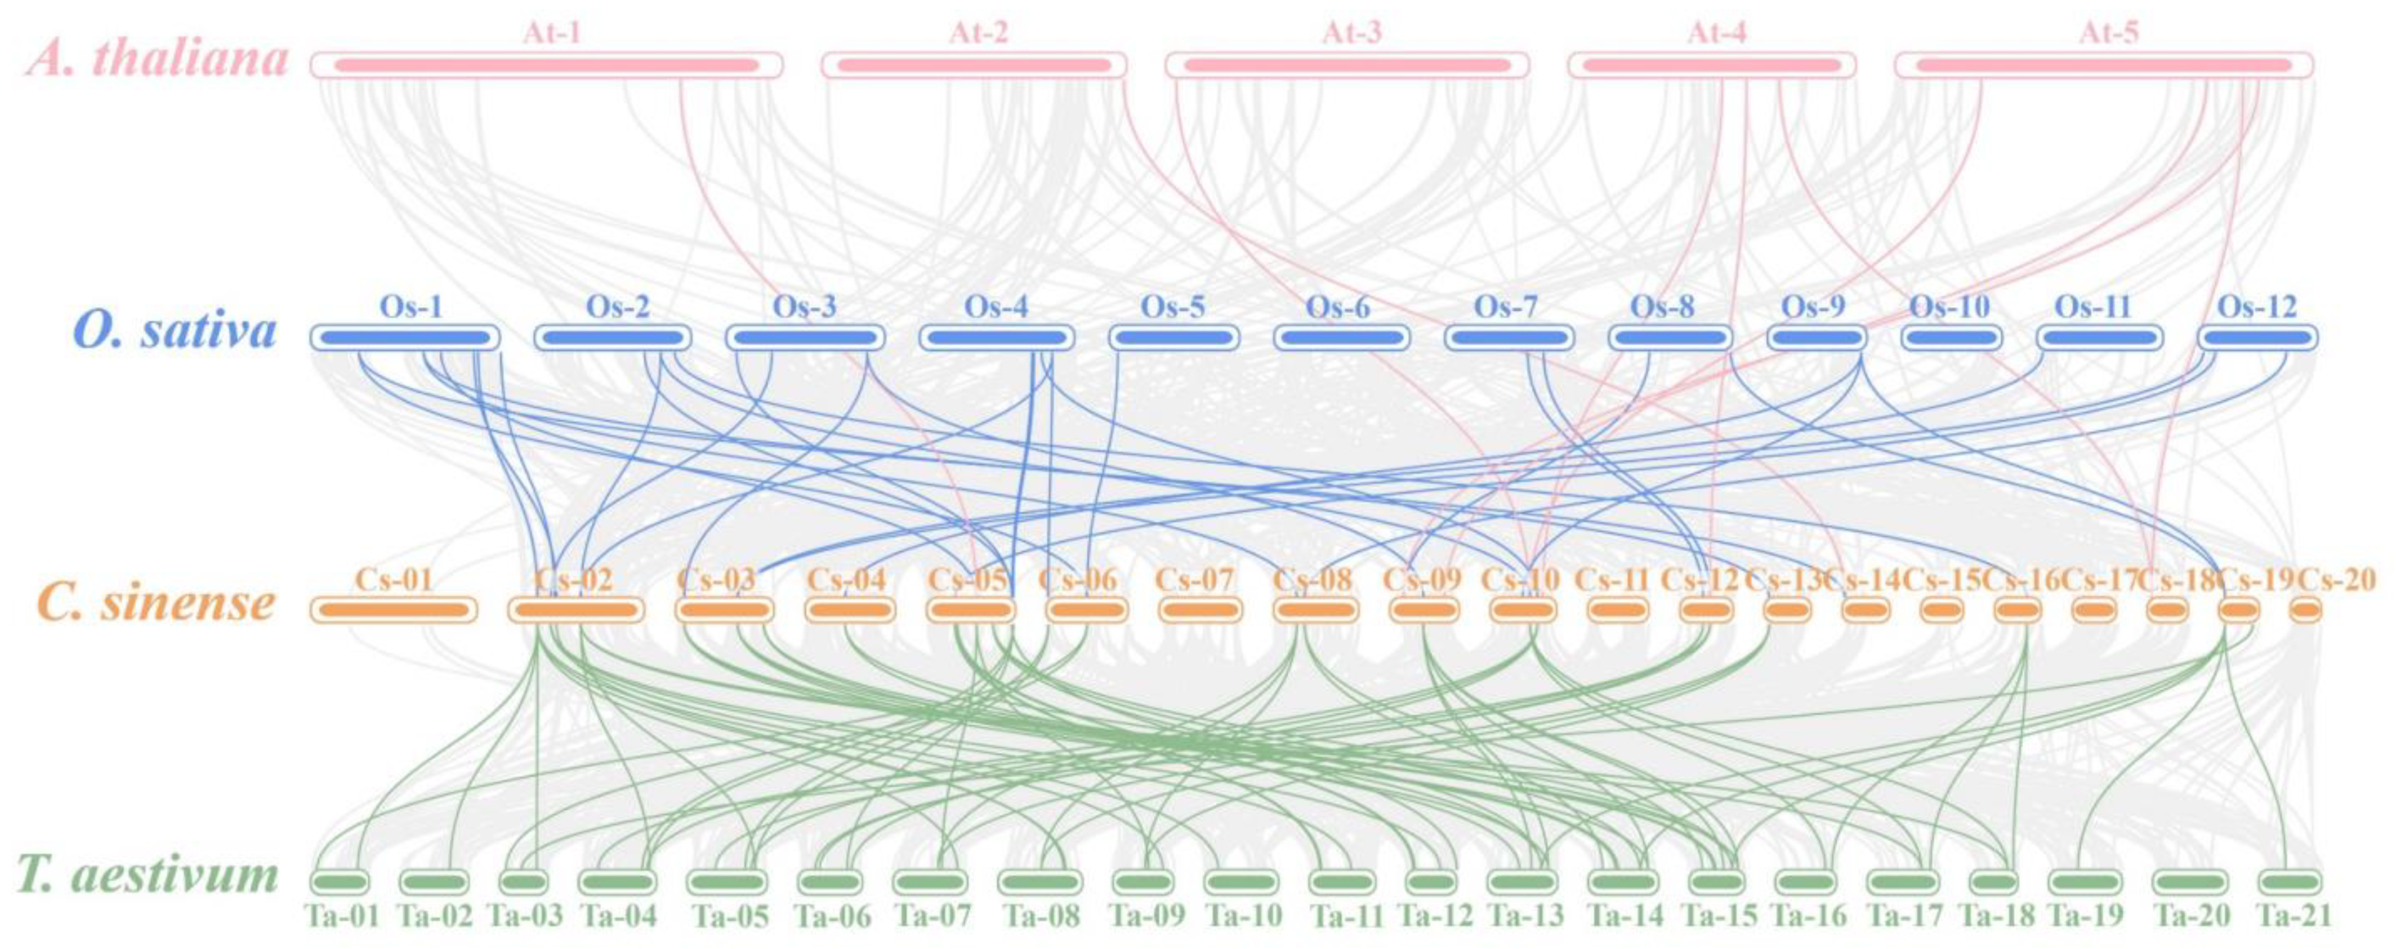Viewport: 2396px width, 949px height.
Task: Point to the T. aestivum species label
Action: point(149,875)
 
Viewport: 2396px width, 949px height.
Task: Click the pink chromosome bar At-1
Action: point(546,65)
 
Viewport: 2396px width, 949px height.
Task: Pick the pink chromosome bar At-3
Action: point(1347,65)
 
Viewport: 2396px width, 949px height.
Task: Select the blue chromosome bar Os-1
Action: point(404,338)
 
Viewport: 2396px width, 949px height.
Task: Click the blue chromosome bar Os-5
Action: point(1174,338)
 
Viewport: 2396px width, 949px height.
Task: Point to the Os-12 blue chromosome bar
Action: point(2257,338)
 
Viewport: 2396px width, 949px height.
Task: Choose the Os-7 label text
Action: point(1506,306)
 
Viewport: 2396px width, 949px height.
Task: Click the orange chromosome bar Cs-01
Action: point(393,610)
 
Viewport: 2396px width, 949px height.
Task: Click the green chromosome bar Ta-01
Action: point(339,881)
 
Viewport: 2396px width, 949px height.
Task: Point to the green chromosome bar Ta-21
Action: point(2289,881)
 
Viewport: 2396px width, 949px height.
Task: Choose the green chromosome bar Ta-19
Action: point(2085,881)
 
